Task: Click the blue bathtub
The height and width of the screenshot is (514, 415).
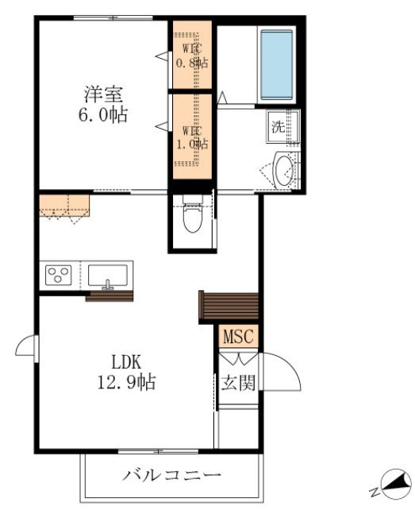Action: [276, 65]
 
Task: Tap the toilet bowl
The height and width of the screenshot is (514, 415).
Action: [193, 216]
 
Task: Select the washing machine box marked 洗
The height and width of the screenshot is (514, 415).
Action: [283, 126]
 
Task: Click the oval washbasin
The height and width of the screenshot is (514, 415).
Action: [283, 170]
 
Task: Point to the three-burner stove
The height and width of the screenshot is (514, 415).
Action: [59, 275]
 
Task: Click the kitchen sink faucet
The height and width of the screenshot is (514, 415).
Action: [107, 285]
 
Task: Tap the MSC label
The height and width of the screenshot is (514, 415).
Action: [238, 336]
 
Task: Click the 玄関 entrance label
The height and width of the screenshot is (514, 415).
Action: [238, 382]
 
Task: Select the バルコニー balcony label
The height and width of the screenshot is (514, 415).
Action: [171, 474]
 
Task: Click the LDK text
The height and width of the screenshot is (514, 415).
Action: [126, 362]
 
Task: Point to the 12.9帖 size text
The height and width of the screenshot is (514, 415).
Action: [126, 381]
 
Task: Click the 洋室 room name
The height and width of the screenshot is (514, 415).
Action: [103, 94]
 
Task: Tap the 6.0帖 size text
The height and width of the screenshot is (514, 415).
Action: [103, 114]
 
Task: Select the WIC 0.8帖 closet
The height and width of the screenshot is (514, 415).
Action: [192, 55]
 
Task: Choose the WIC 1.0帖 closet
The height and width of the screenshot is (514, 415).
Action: [192, 137]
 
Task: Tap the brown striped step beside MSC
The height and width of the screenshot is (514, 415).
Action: [229, 306]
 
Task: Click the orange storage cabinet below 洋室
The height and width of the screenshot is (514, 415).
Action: [64, 206]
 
